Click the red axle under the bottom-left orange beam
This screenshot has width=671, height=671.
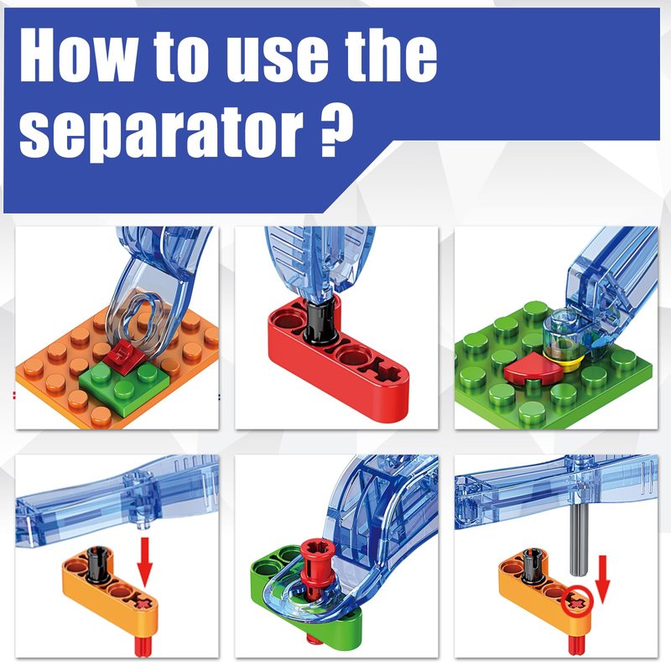click(x=143, y=645)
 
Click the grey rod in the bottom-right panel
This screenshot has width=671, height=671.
click(x=579, y=538)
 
